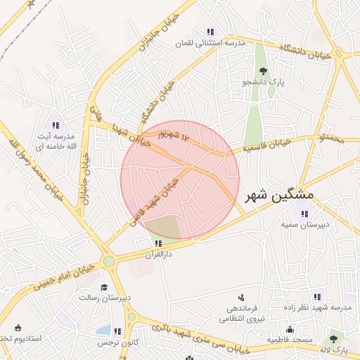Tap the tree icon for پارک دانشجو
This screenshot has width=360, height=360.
click(x=263, y=70)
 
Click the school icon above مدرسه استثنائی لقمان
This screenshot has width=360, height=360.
click(x=210, y=32)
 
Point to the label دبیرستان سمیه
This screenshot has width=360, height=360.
click(x=302, y=226)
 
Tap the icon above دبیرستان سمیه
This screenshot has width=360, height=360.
click(x=304, y=214)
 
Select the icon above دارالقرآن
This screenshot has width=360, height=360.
click(x=157, y=243)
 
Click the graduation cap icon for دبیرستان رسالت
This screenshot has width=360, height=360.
click(x=105, y=287)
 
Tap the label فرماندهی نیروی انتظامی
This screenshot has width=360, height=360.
click(x=240, y=314)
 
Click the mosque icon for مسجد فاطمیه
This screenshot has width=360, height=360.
click(x=290, y=329)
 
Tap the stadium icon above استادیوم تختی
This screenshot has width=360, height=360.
click(x=18, y=328)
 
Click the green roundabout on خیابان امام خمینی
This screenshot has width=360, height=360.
click(x=109, y=262)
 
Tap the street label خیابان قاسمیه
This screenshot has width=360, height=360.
click(x=266, y=147)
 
